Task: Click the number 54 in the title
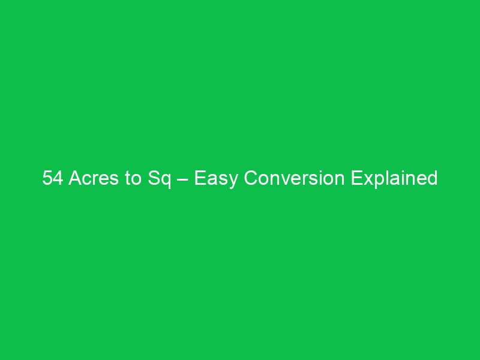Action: click(x=53, y=178)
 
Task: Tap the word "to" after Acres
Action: click(x=132, y=178)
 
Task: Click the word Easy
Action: click(x=211, y=179)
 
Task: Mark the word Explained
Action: click(x=394, y=179)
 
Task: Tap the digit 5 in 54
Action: click(x=47, y=178)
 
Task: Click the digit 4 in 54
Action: click(x=58, y=178)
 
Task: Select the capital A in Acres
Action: click(x=75, y=178)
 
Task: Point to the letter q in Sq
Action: click(x=162, y=180)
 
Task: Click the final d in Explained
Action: click(x=432, y=178)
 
